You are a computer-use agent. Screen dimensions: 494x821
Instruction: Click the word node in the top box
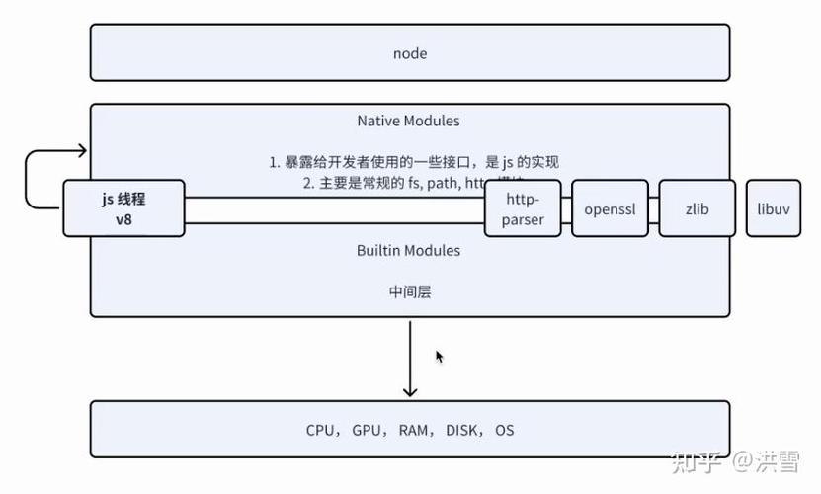[x=409, y=53]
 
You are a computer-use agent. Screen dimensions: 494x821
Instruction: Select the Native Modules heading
[x=408, y=121]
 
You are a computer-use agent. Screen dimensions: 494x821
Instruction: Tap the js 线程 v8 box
[x=123, y=208]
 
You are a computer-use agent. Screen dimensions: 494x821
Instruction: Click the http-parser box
[x=522, y=208]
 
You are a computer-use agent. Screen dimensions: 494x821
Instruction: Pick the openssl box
[x=610, y=209]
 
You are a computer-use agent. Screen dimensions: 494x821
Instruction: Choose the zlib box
[x=697, y=209]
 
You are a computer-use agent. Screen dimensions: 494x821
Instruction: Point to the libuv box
[x=773, y=209]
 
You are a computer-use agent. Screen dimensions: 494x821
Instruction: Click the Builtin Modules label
[x=408, y=251]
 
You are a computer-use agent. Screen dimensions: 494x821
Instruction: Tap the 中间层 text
[x=409, y=292]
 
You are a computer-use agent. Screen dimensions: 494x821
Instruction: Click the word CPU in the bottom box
[x=320, y=431]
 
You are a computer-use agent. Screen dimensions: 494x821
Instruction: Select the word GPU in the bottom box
[x=367, y=431]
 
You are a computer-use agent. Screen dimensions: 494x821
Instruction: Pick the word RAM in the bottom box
[x=413, y=431]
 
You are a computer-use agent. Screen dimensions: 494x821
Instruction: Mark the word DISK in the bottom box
[x=462, y=431]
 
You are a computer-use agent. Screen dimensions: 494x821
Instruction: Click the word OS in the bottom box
[x=504, y=431]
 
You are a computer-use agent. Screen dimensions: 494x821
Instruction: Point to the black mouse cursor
[x=439, y=357]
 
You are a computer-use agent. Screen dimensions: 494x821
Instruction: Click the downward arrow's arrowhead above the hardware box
[x=410, y=391]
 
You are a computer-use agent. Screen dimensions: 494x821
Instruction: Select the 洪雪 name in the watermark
[x=779, y=461]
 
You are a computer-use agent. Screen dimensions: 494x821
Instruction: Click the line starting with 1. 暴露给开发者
[x=421, y=162]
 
